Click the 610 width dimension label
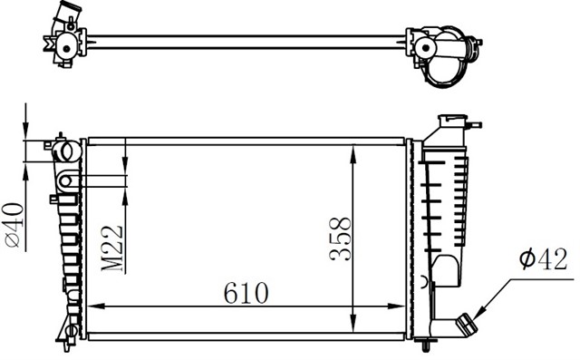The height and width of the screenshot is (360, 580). coord(246,293)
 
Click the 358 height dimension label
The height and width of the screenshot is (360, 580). coord(340,239)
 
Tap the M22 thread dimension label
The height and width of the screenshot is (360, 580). coord(111,248)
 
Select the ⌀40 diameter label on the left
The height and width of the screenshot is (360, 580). coord(14,225)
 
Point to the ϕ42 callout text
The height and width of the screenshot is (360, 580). coord(543,259)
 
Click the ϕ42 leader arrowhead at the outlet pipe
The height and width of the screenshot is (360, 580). coord(478,314)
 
